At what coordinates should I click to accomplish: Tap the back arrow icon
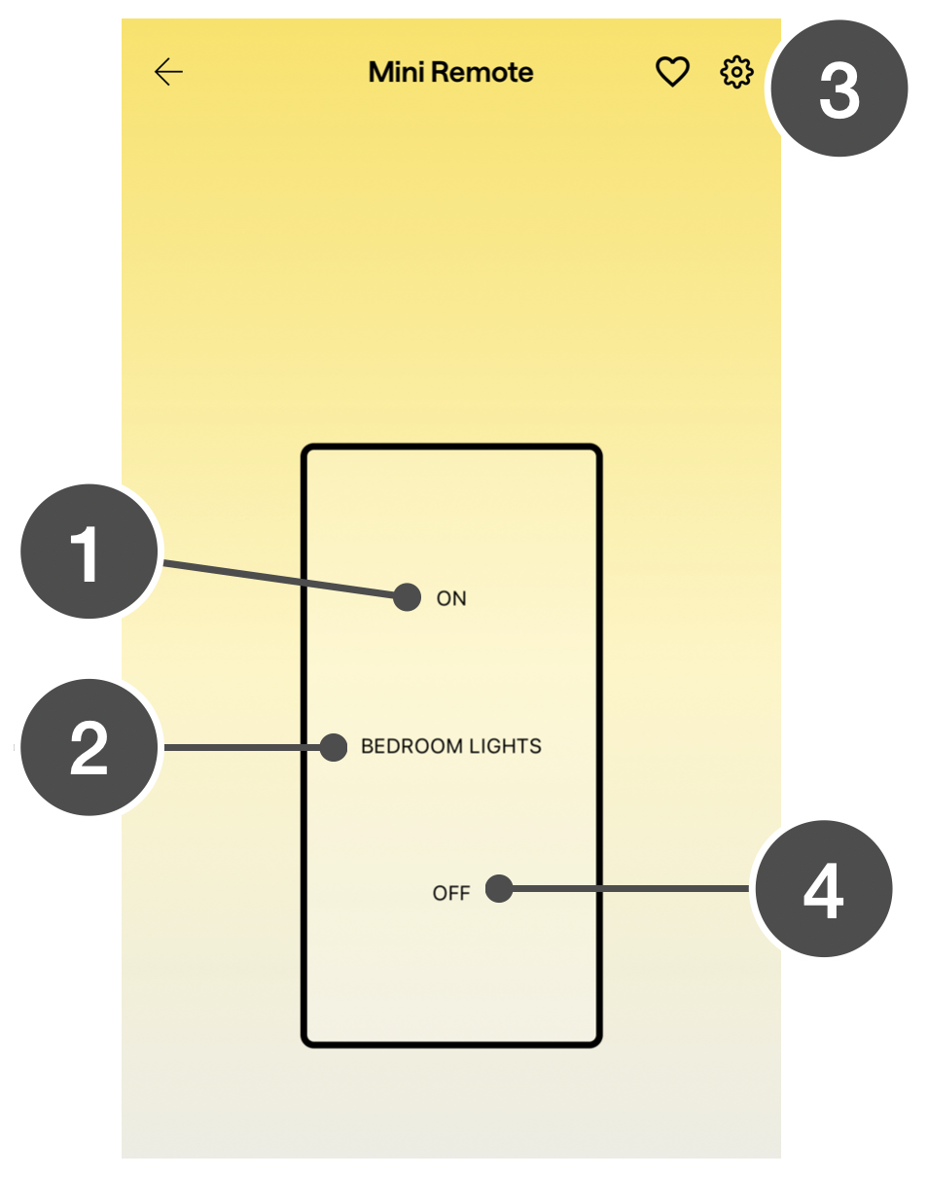click(168, 72)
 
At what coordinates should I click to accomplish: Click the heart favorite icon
click(671, 72)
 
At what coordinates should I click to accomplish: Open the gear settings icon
click(736, 72)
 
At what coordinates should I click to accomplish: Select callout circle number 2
click(89, 747)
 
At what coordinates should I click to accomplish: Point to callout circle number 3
click(839, 89)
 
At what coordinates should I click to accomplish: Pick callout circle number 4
click(823, 889)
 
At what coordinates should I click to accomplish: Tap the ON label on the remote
click(451, 598)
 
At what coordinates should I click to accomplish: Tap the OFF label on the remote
click(451, 893)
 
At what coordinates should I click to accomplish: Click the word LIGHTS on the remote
click(505, 746)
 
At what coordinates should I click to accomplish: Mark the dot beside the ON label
click(408, 596)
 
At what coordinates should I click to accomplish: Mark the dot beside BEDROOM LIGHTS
click(334, 747)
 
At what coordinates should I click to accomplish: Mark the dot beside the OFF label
click(499, 888)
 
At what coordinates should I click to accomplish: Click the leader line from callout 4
click(632, 888)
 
